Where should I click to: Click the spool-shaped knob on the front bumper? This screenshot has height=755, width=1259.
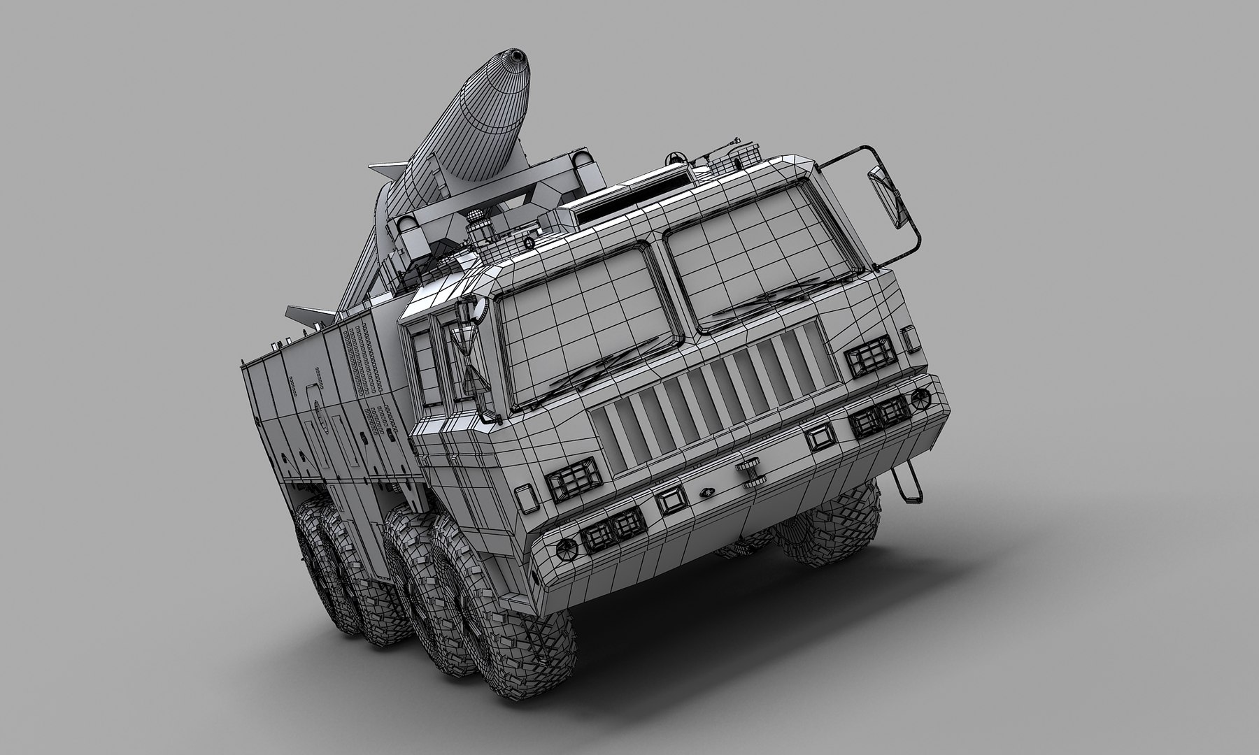click(x=751, y=473)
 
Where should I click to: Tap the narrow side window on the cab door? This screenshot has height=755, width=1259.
click(x=422, y=367)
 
